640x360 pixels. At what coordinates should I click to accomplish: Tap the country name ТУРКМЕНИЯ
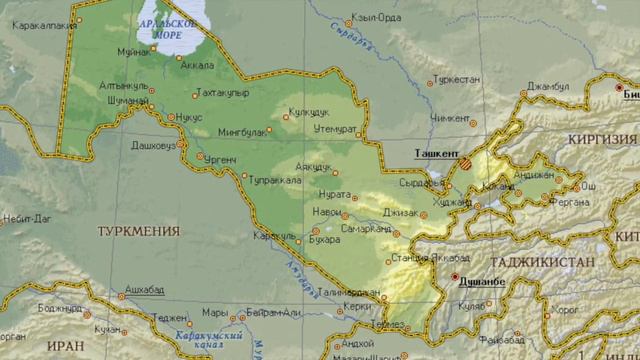click(x=139, y=230)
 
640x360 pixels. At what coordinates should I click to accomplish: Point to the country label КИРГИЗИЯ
click(x=602, y=139)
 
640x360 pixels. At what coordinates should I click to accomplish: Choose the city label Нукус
click(x=187, y=117)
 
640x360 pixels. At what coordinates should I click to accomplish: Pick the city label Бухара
click(x=325, y=240)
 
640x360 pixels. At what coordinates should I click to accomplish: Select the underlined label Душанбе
click(x=481, y=282)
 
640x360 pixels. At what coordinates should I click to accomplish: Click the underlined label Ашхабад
click(x=144, y=288)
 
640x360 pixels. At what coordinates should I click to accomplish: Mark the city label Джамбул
click(x=549, y=87)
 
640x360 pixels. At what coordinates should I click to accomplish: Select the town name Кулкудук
click(x=308, y=113)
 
